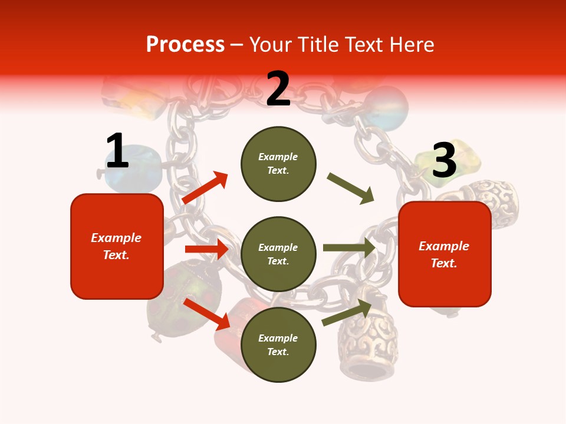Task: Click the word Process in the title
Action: pyautogui.click(x=185, y=45)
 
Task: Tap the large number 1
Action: pyautogui.click(x=117, y=151)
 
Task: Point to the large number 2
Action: pyautogui.click(x=278, y=89)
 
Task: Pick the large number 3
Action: pyautogui.click(x=444, y=160)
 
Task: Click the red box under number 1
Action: pyautogui.click(x=117, y=246)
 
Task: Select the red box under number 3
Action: pyautogui.click(x=445, y=254)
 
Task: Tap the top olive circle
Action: pyautogui.click(x=278, y=164)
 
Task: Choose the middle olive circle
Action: pyautogui.click(x=278, y=254)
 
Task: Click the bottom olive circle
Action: pyautogui.click(x=278, y=344)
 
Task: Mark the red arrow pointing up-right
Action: pyautogui.click(x=205, y=187)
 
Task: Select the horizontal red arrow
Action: pyautogui.click(x=206, y=249)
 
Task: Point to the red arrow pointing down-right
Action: pyautogui.click(x=207, y=314)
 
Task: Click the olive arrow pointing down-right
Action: pyautogui.click(x=351, y=188)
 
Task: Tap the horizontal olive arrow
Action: pyautogui.click(x=349, y=247)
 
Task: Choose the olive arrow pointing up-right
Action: pyautogui.click(x=347, y=313)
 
